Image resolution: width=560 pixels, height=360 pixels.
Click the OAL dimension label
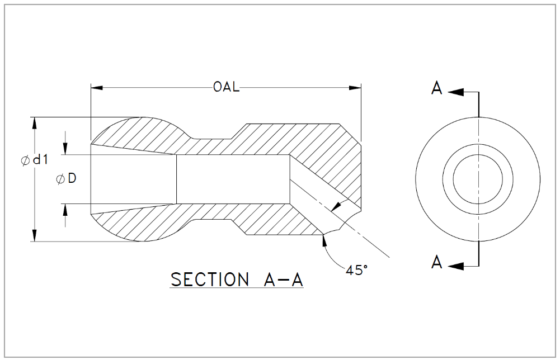click(226, 88)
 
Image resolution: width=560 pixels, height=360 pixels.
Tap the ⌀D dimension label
click(66, 179)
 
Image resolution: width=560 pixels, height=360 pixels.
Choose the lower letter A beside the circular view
click(437, 262)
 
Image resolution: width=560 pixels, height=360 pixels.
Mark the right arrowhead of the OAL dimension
click(355, 88)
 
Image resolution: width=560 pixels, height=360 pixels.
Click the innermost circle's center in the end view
click(478, 179)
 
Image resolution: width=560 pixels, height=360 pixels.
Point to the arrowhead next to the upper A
click(457, 92)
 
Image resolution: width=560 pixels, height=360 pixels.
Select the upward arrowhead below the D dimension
click(66, 210)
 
